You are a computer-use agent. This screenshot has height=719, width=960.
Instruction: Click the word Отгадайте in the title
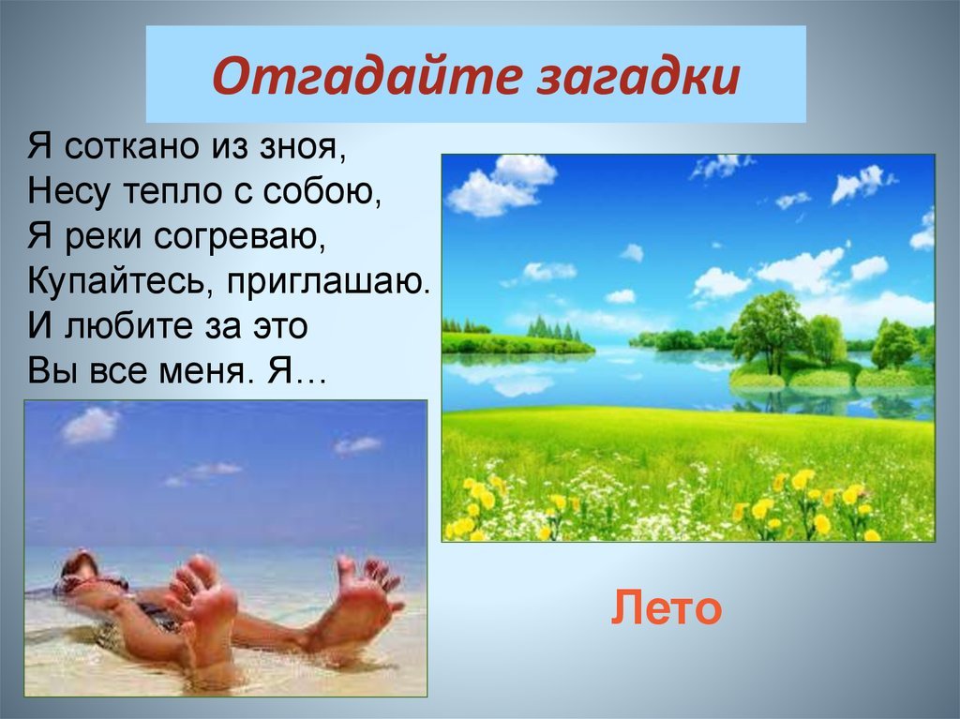366,76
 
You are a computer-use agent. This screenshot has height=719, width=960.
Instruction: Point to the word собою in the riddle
322,191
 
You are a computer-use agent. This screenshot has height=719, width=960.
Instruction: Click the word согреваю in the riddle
239,237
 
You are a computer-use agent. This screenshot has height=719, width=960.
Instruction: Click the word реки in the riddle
103,237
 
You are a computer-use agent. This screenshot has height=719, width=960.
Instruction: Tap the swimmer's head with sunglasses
79,572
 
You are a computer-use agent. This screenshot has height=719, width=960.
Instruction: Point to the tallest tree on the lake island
770,331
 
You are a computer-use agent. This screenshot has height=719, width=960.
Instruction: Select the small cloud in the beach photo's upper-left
90,425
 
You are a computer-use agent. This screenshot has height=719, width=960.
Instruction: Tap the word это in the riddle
279,327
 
